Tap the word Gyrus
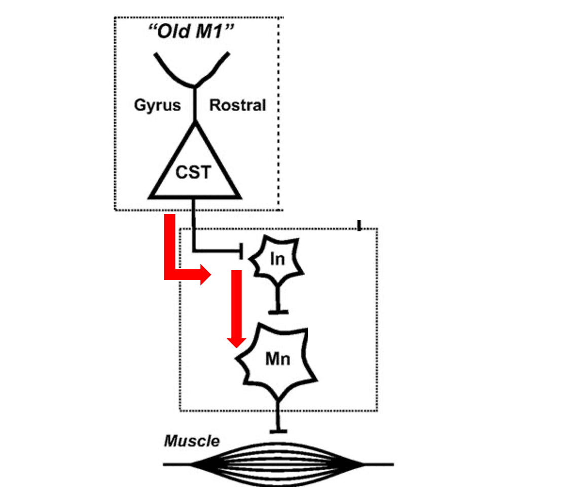coord(157,106)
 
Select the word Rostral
coord(237,106)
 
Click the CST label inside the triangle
coord(193,172)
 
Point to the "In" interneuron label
coord(277,260)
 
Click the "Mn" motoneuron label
coord(278,359)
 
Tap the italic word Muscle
coord(192,441)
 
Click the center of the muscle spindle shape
coord(278,464)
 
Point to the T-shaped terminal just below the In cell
coord(278,310)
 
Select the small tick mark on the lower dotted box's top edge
coord(359,225)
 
